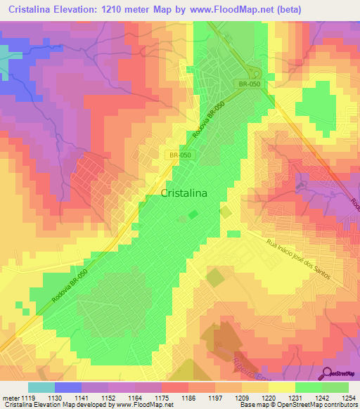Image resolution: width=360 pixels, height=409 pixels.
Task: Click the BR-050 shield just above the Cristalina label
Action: [x=179, y=155]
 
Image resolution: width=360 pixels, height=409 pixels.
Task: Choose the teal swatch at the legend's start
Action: [x=41, y=387]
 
